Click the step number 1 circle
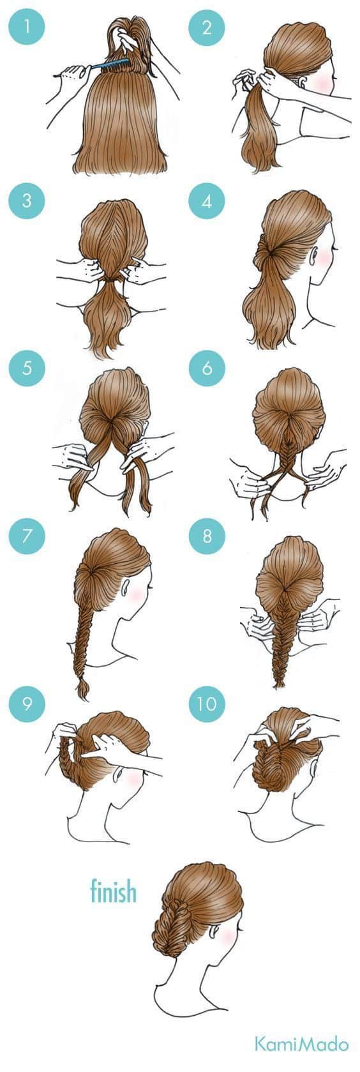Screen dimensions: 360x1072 click(x=27, y=27)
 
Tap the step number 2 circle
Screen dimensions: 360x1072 click(x=207, y=27)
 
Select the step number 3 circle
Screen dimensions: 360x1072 click(x=27, y=200)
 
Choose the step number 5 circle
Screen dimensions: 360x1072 click(x=27, y=368)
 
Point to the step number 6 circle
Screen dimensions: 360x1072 click(x=207, y=368)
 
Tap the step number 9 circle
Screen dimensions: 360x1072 click(x=27, y=704)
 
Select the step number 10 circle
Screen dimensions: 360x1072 click(x=207, y=704)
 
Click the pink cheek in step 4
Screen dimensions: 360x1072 click(x=324, y=257)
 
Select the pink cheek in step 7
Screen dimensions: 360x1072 click(x=137, y=593)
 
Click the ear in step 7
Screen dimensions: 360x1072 click(x=125, y=587)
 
